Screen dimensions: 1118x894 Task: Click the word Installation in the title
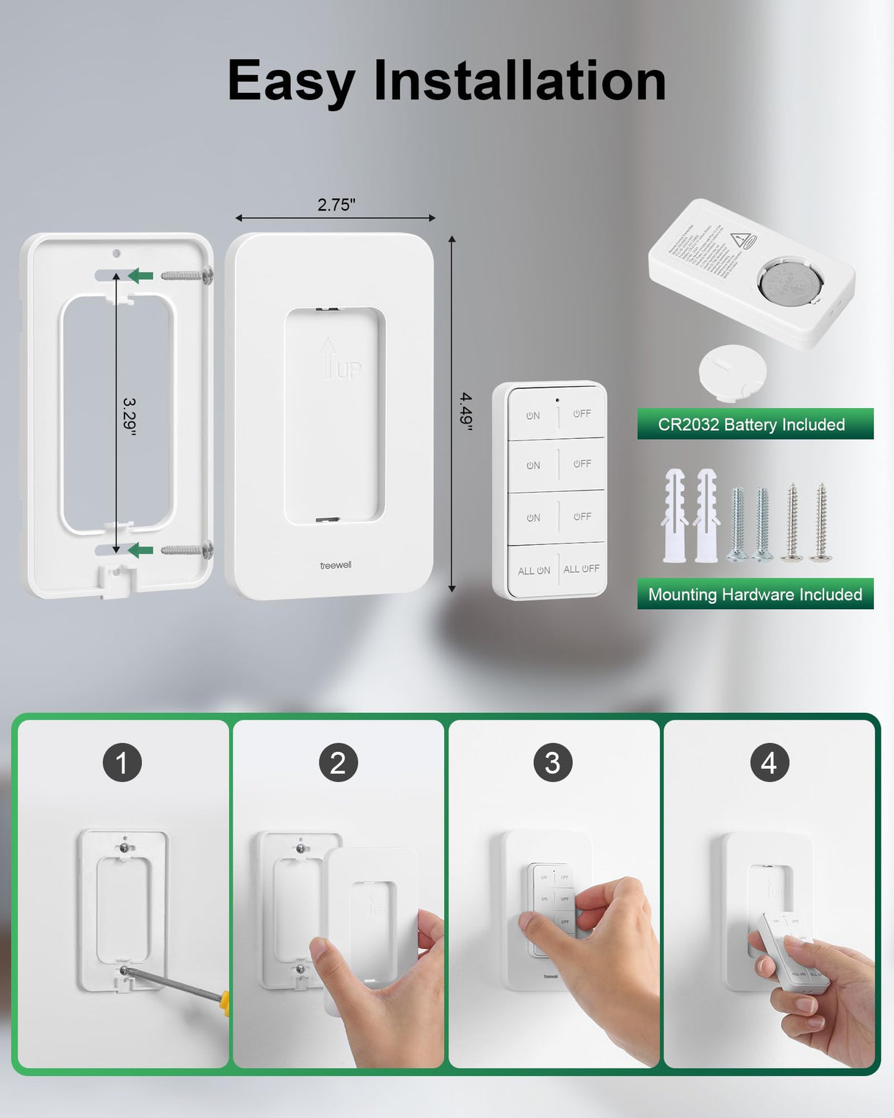[519, 80]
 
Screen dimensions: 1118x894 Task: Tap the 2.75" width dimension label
[337, 205]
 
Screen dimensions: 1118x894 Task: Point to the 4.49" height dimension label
[466, 410]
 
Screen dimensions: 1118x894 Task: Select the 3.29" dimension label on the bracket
[129, 417]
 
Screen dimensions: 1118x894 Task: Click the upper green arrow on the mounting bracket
[141, 275]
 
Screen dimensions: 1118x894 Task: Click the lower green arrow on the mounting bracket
[141, 550]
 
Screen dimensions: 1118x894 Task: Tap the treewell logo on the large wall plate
[335, 565]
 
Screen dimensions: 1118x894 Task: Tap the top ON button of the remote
[532, 415]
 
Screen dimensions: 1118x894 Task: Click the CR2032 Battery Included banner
[755, 424]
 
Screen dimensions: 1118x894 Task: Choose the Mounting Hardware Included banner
[755, 594]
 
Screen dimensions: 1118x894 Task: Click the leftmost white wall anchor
[675, 515]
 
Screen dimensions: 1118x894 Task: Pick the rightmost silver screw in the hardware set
[821, 522]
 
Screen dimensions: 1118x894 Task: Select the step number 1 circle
[122, 763]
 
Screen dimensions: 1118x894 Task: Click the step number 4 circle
[769, 763]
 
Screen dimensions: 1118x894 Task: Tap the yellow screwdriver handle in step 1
[225, 1002]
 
